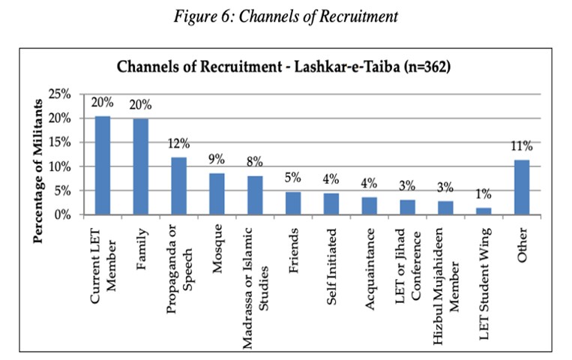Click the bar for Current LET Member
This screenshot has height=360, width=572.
tap(102, 166)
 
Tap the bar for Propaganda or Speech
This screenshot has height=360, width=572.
tap(178, 186)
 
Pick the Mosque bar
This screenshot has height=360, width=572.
tap(217, 194)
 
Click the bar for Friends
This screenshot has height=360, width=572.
tap(294, 203)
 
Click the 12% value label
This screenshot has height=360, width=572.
tap(178, 143)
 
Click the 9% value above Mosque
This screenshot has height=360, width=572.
tap(217, 159)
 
